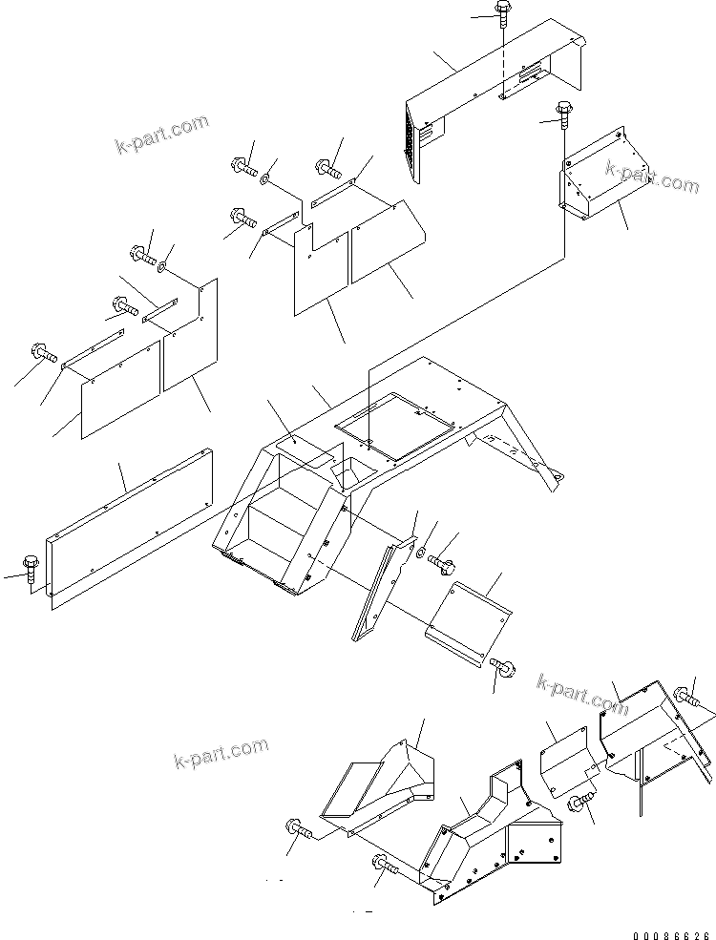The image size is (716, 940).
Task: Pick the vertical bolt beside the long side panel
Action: tap(29, 569)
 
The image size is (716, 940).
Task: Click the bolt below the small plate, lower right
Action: tap(579, 804)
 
